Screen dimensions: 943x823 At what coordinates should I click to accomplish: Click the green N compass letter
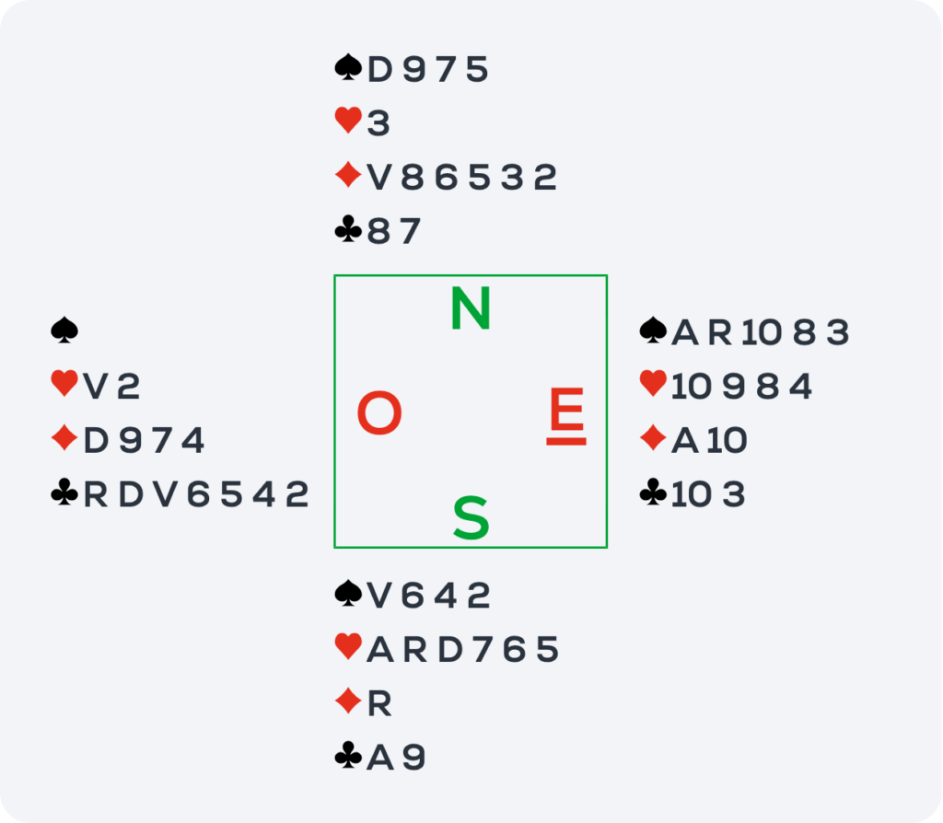tap(471, 307)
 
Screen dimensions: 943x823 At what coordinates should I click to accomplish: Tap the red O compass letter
tap(379, 412)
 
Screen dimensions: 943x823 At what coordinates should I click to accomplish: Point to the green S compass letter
tap(471, 517)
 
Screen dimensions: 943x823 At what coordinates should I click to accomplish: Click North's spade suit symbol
tap(348, 67)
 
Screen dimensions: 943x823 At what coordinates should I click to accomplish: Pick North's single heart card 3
tap(378, 122)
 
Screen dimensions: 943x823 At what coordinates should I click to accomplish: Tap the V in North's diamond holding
tap(379, 178)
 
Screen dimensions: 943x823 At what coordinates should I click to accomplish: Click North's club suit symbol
tap(348, 230)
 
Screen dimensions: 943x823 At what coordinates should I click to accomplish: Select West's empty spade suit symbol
tap(64, 330)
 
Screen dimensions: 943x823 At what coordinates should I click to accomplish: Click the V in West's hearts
tap(96, 386)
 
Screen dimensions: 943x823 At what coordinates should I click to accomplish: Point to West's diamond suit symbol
tap(64, 438)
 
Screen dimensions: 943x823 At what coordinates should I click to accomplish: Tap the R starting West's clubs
tap(95, 494)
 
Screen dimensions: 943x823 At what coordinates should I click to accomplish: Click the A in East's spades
tap(685, 331)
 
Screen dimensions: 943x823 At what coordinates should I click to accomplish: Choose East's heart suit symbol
tap(653, 384)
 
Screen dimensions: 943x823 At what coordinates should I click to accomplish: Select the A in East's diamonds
tap(685, 440)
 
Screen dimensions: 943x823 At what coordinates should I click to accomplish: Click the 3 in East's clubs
tap(733, 494)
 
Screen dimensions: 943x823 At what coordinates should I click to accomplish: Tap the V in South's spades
tap(379, 596)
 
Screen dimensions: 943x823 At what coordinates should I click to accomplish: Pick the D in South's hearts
tap(450, 649)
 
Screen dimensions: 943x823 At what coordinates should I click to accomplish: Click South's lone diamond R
tap(378, 703)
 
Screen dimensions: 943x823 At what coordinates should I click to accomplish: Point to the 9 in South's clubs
tap(413, 757)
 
